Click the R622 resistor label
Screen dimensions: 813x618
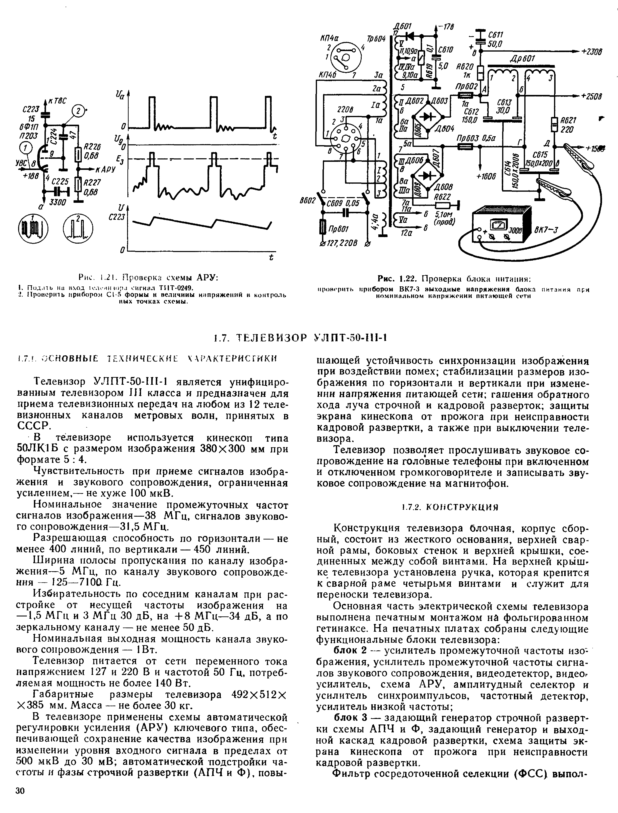click(x=443, y=197)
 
